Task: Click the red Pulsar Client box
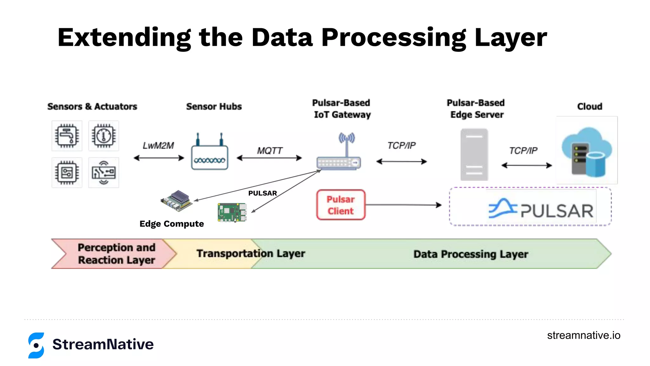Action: (341, 205)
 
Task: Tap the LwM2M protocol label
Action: (158, 146)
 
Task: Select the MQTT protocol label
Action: (269, 151)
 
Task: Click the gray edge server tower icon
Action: (474, 154)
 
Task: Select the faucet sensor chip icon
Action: (67, 136)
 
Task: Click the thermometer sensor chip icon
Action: (103, 136)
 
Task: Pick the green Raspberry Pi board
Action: (232, 212)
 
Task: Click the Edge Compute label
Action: (172, 224)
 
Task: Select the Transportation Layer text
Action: (250, 254)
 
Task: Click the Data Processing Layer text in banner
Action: (470, 254)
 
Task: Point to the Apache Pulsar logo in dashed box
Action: (541, 209)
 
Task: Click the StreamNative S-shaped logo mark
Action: (36, 345)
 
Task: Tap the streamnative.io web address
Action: (583, 335)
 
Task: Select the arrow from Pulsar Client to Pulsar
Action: (403, 205)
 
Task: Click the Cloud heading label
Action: (589, 106)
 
